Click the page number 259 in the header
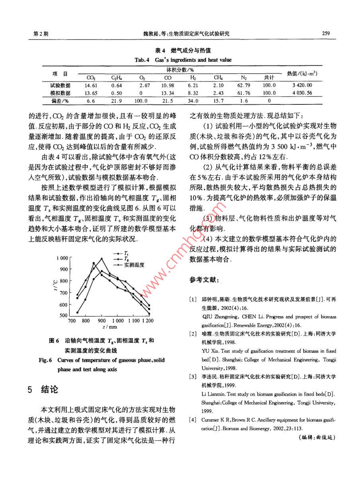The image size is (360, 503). click(326, 33)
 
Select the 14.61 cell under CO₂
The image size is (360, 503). click(91, 85)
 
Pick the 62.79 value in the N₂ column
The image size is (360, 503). click(243, 85)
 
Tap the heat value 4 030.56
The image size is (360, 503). click(301, 93)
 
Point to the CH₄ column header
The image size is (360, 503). click(218, 78)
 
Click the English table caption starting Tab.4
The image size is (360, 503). click(183, 60)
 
